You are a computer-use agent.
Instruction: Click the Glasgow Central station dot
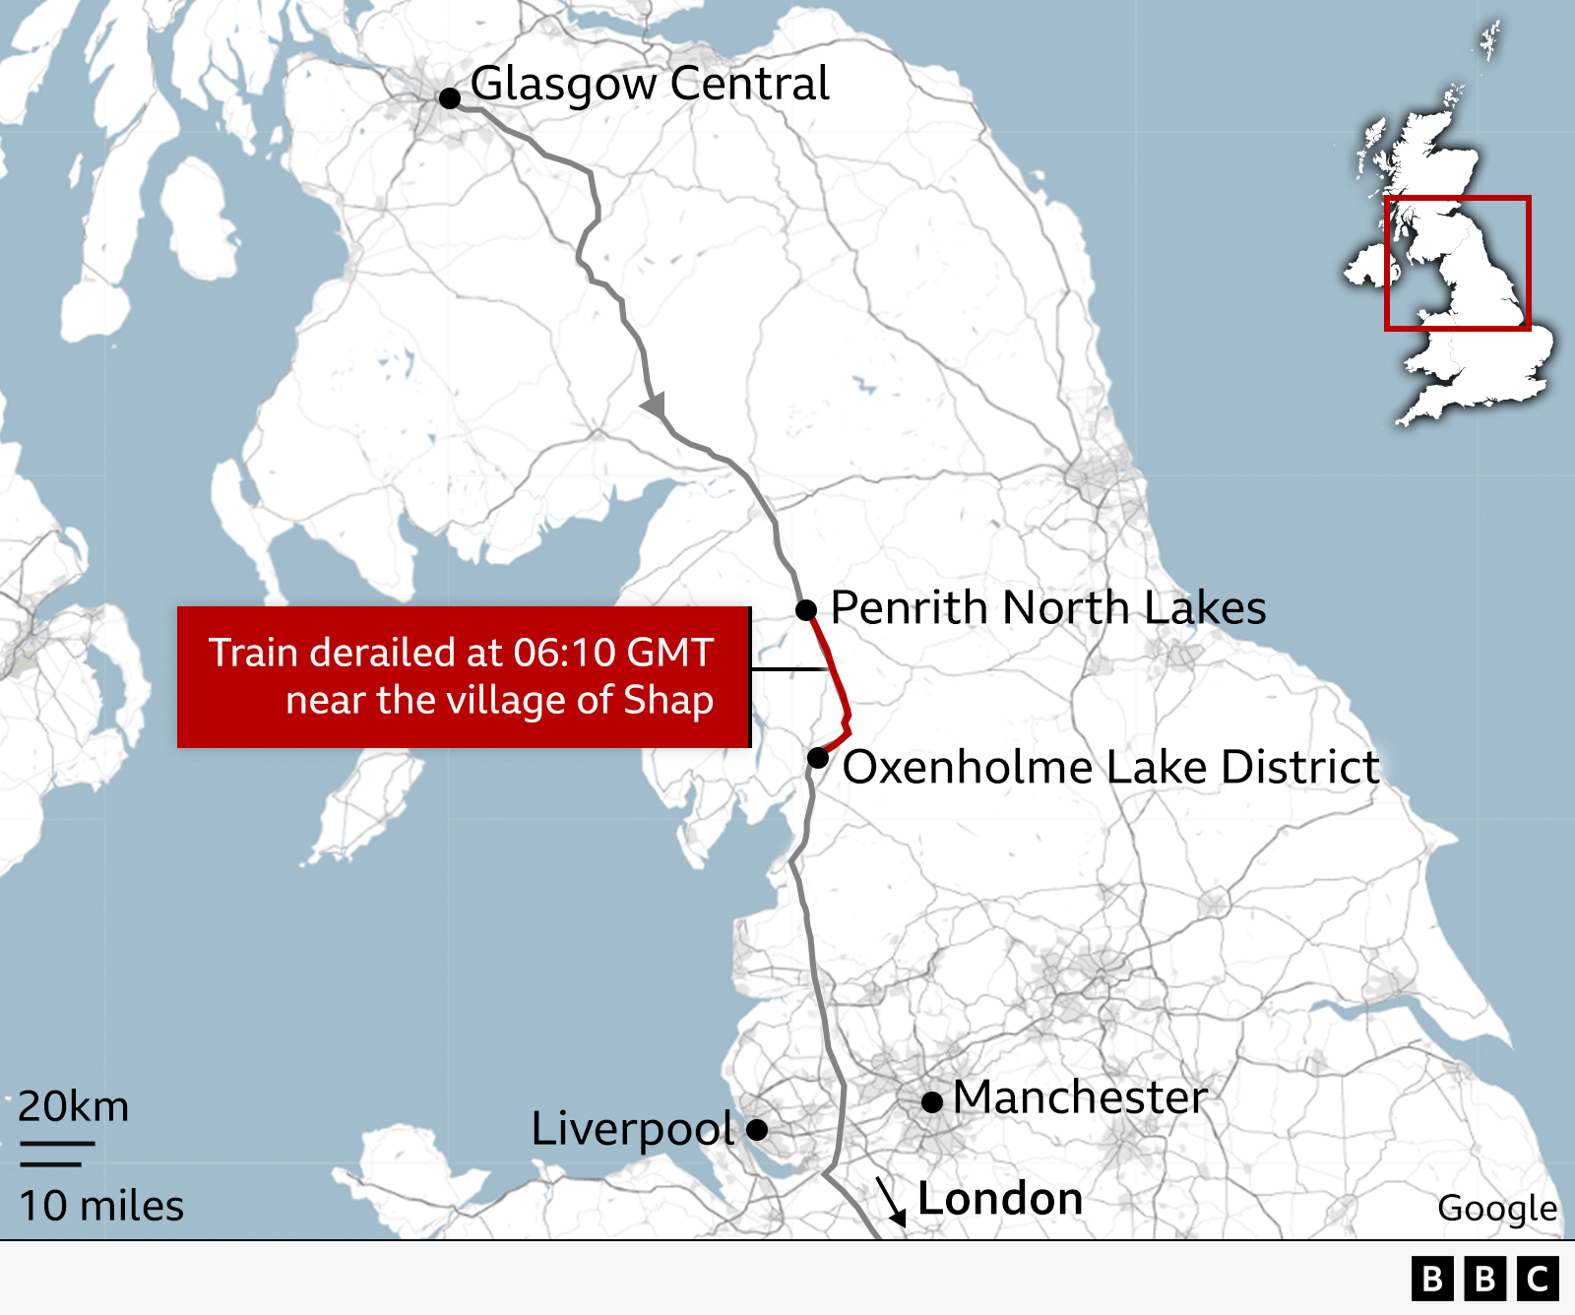pyautogui.click(x=450, y=97)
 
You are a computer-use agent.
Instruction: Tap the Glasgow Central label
pyautogui.click(x=650, y=84)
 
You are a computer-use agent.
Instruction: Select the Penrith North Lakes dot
pyautogui.click(x=806, y=610)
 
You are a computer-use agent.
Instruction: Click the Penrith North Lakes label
pyautogui.click(x=1048, y=607)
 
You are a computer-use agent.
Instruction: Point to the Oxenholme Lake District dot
pyautogui.click(x=818, y=758)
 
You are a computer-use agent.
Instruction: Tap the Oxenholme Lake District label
pyautogui.click(x=1111, y=767)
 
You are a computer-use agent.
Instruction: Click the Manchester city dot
pyautogui.click(x=932, y=1101)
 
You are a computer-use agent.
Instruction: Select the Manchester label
pyautogui.click(x=1080, y=1096)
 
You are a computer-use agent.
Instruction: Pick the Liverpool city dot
pyautogui.click(x=757, y=1129)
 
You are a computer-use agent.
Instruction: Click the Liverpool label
pyautogui.click(x=632, y=1129)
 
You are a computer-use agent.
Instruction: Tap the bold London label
pyautogui.click(x=1000, y=1199)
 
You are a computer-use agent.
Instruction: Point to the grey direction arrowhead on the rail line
pyautogui.click(x=654, y=405)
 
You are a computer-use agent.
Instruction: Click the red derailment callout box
pyautogui.click(x=464, y=677)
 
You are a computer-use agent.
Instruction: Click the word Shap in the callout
pyautogui.click(x=668, y=700)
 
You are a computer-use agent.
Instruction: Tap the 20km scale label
pyautogui.click(x=74, y=1106)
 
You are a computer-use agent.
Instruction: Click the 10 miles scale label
pyautogui.click(x=101, y=1206)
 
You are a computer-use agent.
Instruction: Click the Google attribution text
pyautogui.click(x=1497, y=1208)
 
